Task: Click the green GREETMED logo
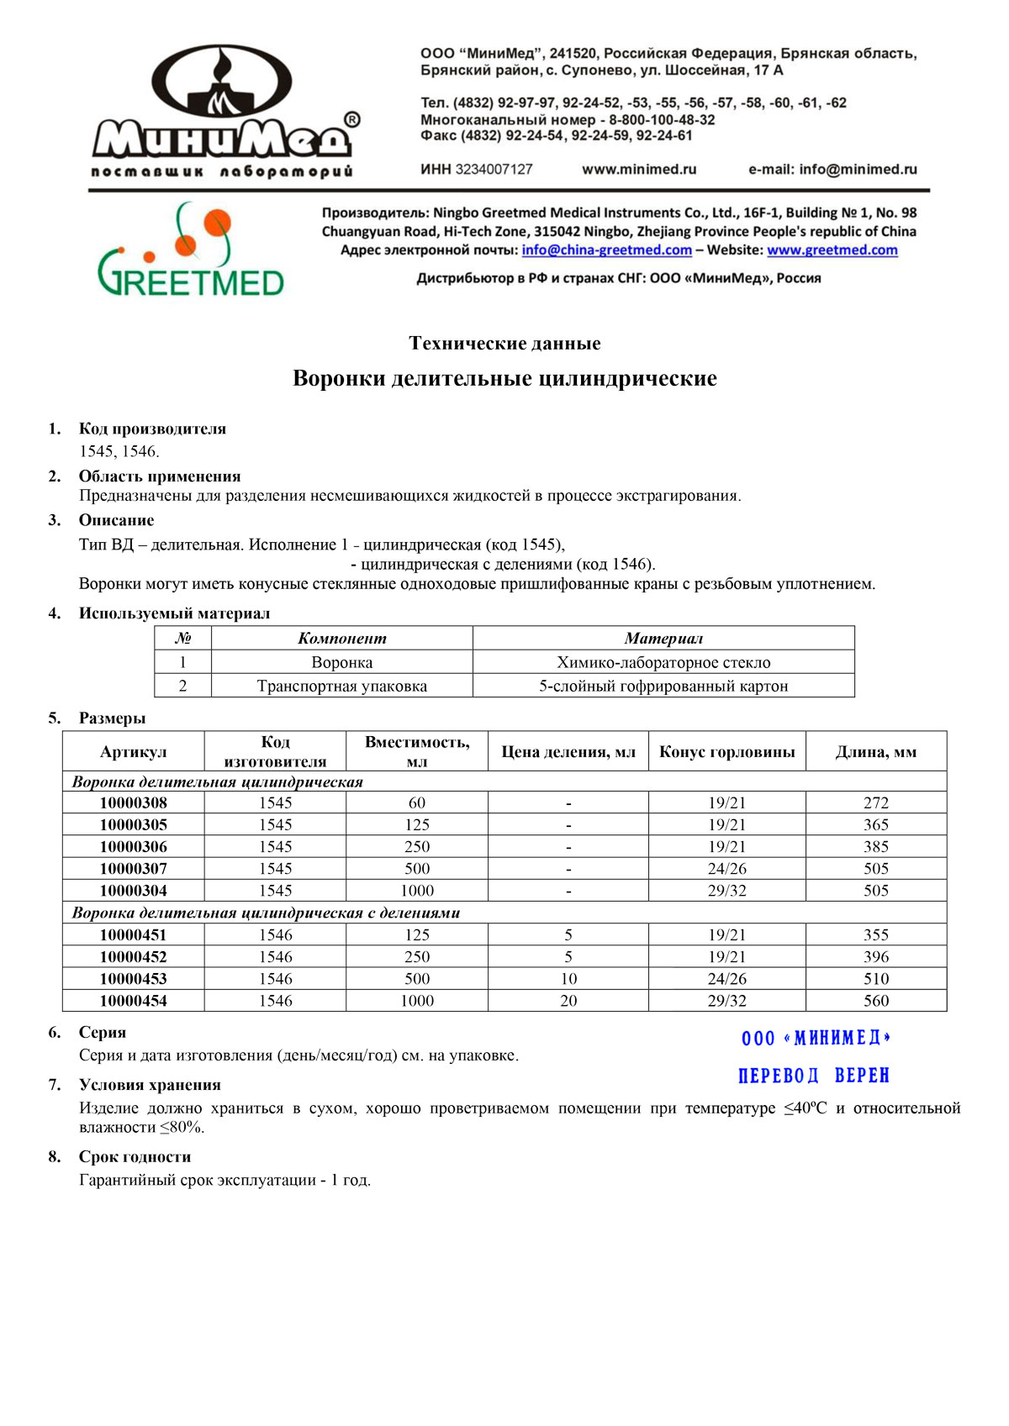[x=191, y=251]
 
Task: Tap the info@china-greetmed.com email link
[x=606, y=250]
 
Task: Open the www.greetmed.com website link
[x=832, y=250]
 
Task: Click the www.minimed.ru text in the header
[x=639, y=169]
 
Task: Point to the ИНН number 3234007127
[x=494, y=169]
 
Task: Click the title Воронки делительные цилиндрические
[x=504, y=378]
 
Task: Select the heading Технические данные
[x=504, y=343]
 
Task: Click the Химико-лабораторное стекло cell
[x=663, y=662]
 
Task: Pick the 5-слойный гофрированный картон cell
[x=663, y=686]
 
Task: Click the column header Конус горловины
[x=726, y=751]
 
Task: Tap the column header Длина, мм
[x=875, y=751]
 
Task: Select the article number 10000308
[x=133, y=802]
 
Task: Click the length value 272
[x=875, y=802]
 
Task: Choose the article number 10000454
[x=133, y=1000]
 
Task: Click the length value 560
[x=875, y=1000]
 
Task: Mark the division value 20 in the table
[x=568, y=1000]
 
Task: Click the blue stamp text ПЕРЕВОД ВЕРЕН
[x=813, y=1076]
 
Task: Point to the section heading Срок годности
[x=135, y=1156]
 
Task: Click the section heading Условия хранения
[x=150, y=1084]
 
